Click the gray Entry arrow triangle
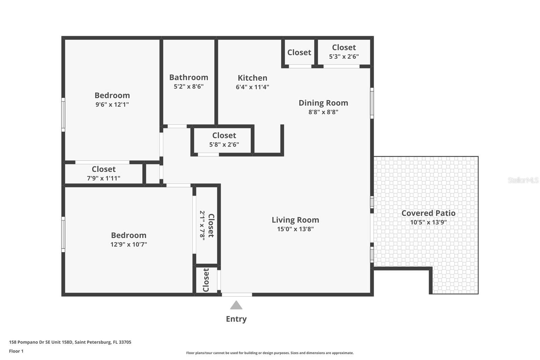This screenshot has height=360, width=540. tap(236, 306)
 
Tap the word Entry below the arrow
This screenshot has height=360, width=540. tap(236, 319)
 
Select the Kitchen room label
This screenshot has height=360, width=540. tap(252, 78)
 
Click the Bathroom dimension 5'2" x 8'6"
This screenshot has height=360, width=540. tap(189, 86)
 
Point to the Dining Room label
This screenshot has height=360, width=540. tap(323, 103)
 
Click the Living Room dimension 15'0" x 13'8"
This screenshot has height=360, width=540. tap(295, 229)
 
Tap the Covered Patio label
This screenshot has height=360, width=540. tap(428, 213)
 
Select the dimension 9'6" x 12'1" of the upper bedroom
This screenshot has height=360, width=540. tap(112, 104)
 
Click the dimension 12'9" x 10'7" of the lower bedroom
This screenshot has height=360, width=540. tap(129, 245)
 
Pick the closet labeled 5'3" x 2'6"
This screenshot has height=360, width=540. tap(344, 56)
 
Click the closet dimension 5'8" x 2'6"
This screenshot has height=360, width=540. tap(224, 145)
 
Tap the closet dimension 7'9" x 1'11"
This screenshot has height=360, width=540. tap(104, 178)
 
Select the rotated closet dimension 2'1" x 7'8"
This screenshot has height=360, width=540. tap(202, 225)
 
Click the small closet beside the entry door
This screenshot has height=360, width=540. tap(206, 280)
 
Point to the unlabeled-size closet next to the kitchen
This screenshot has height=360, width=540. tap(299, 52)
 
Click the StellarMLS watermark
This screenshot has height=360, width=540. tap(523, 180)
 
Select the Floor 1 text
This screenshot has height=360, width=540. tap(16, 351)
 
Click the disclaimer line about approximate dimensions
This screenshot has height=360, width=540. tap(270, 353)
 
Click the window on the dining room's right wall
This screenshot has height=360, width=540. tap(372, 103)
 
